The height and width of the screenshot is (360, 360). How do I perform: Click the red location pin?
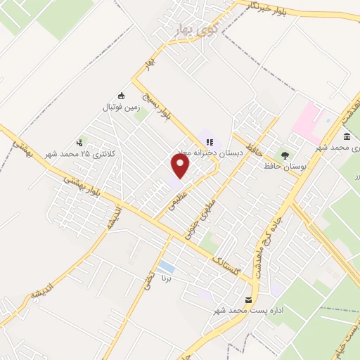coord(181,167)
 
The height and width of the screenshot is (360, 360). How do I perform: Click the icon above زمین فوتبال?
coord(121,96)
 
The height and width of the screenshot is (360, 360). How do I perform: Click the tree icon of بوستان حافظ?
coord(285,154)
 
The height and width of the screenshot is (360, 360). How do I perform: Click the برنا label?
coord(167,279)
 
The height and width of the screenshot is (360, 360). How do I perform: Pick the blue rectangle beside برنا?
coord(166,268)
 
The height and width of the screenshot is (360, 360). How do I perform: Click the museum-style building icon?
coord(347,136)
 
